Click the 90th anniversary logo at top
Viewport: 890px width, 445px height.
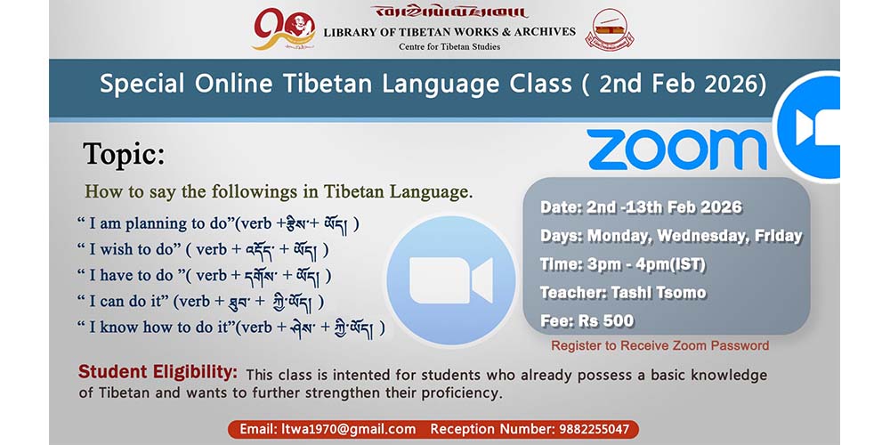tap(284, 29)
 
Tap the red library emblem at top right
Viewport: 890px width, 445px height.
tap(613, 29)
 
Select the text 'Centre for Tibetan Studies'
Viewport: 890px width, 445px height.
tap(449, 46)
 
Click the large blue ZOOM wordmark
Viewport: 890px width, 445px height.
tap(676, 150)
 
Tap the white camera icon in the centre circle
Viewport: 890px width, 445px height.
tap(451, 280)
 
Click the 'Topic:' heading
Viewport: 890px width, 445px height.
tap(124, 154)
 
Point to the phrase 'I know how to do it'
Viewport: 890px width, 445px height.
tap(160, 327)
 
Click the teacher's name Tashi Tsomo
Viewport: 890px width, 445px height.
tap(659, 293)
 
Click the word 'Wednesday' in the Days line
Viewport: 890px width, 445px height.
tap(701, 237)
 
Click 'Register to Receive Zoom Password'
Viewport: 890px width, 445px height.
tap(660, 345)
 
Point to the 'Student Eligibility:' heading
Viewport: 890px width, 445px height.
tap(158, 372)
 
